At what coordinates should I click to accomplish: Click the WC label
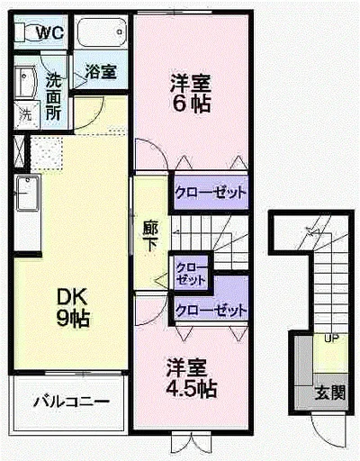(x=50, y=32)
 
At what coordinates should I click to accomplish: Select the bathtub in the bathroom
(x=102, y=32)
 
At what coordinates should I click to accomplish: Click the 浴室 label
(x=101, y=71)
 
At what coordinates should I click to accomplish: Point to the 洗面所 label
(x=54, y=96)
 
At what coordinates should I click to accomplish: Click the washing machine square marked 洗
(x=27, y=115)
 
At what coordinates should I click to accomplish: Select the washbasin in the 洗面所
(x=25, y=83)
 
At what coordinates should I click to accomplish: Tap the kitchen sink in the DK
(x=28, y=194)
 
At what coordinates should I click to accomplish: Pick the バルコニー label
(x=71, y=402)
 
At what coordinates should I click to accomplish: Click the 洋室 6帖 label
(x=190, y=94)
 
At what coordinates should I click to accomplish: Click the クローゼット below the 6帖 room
(x=211, y=193)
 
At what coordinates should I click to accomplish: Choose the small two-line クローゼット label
(x=192, y=274)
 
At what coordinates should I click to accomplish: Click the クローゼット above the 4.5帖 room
(x=211, y=311)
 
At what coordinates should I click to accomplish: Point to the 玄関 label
(x=330, y=393)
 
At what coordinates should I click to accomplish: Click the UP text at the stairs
(x=332, y=339)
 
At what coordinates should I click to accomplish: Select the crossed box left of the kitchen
(x=19, y=151)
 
